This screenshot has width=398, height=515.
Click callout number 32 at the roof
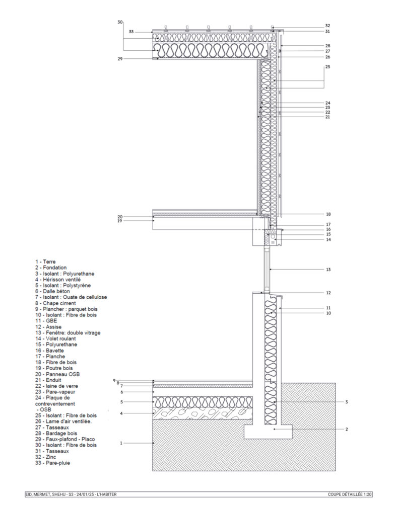327,25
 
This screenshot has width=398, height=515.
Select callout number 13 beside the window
328,270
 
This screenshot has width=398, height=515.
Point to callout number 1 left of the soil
121,443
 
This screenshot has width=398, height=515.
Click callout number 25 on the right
328,66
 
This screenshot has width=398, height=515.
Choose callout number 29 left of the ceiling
120,59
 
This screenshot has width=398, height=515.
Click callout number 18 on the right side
328,214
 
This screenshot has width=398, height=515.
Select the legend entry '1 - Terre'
46,262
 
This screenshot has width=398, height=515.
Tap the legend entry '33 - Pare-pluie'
53,463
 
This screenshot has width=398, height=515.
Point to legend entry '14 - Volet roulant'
56,338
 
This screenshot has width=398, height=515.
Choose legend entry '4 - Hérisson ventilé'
58,279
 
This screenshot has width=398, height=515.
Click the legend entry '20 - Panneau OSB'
58,374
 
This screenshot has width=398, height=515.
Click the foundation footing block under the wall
269,431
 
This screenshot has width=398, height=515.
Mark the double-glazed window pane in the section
267,270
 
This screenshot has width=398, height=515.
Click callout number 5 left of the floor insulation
121,402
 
